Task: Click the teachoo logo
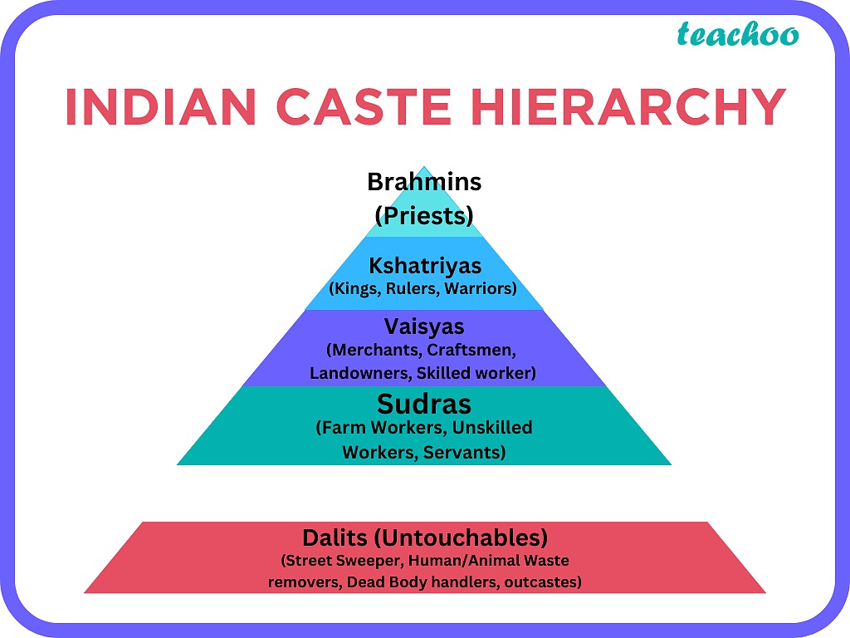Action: coord(738,34)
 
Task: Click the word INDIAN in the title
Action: coord(160,106)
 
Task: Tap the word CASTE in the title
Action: coord(364,106)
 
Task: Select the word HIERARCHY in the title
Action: coord(628,106)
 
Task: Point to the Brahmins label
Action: coord(424,182)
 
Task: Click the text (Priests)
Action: coord(424,216)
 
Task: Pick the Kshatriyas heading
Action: coord(425,266)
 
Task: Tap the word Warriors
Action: coord(481,288)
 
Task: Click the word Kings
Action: coord(354,288)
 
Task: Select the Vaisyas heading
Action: coord(424,326)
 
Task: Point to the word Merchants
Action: coord(374,350)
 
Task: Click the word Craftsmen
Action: coord(471,350)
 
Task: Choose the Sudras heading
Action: coord(424,405)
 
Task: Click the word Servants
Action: coord(464,452)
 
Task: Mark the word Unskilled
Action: coord(492,428)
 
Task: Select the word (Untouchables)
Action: coord(461,538)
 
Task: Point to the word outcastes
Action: coord(543,582)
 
